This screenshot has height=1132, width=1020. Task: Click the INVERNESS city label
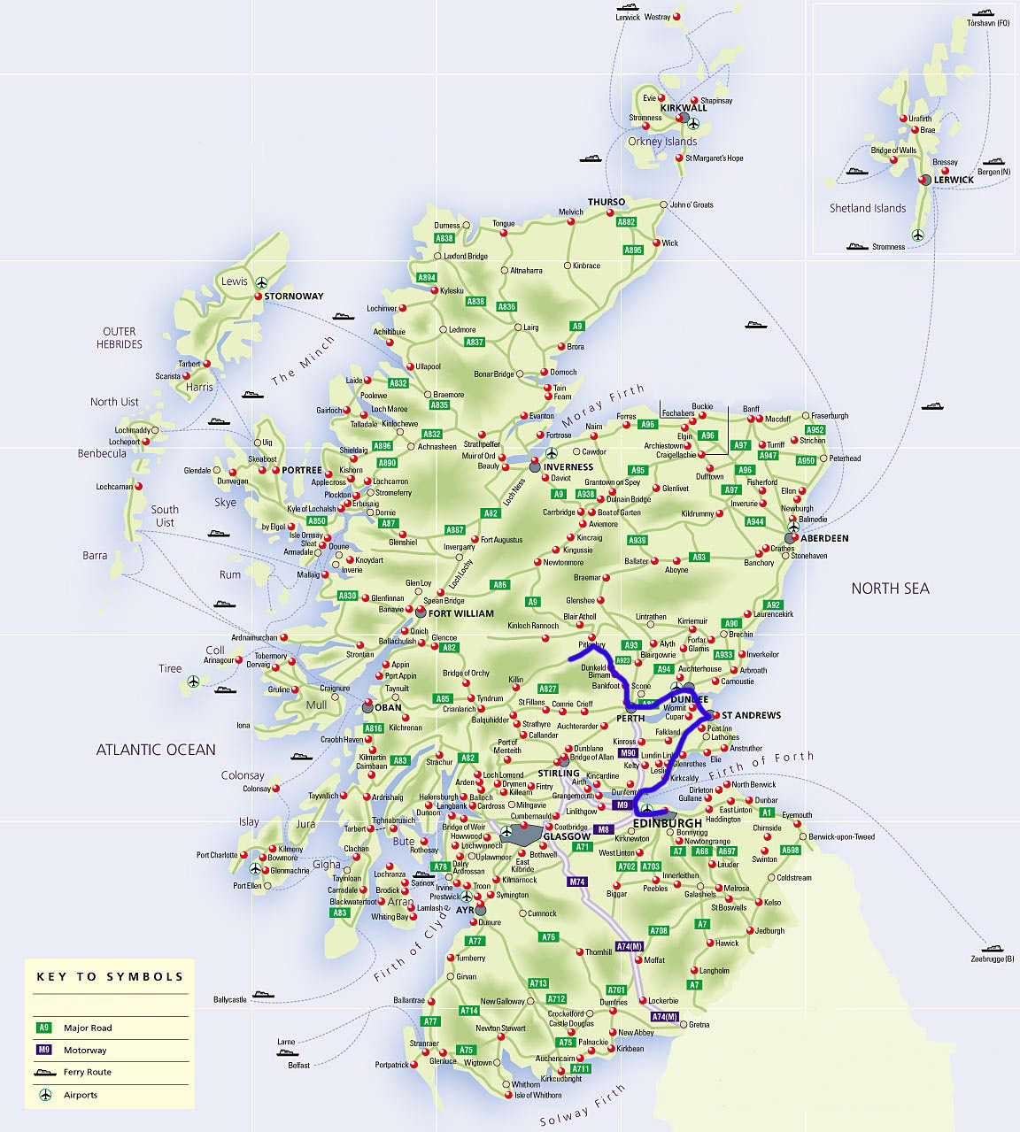[x=568, y=467]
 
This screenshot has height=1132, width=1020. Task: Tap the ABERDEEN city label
[x=824, y=538]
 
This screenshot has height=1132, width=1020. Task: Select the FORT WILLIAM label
[x=460, y=613]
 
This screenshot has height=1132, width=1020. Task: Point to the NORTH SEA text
[x=890, y=589]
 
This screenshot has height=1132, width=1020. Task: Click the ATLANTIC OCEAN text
[x=156, y=750]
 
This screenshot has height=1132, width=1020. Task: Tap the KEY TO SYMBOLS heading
[x=110, y=977]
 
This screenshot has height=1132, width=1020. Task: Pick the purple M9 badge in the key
[x=44, y=1050]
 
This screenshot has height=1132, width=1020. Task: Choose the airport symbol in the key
[x=44, y=1095]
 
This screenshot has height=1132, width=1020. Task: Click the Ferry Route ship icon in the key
[x=44, y=1072]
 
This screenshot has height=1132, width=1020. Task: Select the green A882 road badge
[x=626, y=222]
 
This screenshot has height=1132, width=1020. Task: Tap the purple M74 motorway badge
[x=577, y=882]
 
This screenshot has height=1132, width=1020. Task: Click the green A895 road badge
[x=632, y=250]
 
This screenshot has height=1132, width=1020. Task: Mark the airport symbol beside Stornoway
[x=261, y=282]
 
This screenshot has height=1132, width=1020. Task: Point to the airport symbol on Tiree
[x=193, y=682]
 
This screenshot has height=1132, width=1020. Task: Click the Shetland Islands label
[x=867, y=209]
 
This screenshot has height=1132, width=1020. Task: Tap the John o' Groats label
[x=692, y=205]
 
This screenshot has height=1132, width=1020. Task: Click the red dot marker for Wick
[x=656, y=243]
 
